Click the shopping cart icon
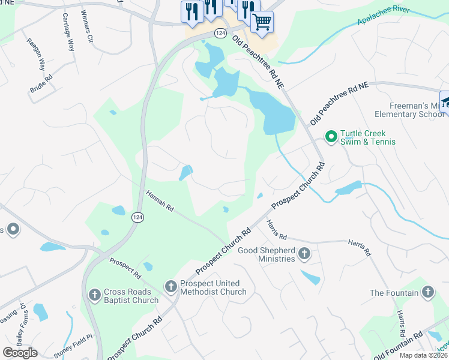262,23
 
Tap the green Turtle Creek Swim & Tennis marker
330,137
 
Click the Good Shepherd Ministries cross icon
304,253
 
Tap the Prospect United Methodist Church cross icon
171,287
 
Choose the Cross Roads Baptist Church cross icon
94,295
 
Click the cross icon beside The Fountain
427,292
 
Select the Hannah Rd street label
160,201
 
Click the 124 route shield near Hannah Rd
137,220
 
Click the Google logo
20,353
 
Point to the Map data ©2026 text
424,355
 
